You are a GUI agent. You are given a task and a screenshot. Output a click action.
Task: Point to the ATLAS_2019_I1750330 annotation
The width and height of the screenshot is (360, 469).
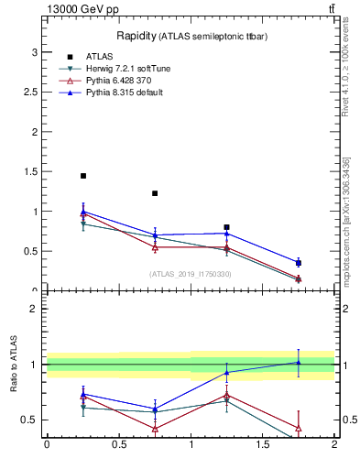(190, 274)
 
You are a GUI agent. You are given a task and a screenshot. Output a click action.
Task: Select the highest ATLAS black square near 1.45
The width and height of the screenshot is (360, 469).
(83, 176)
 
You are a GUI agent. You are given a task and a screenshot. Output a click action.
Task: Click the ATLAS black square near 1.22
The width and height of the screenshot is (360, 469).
(155, 193)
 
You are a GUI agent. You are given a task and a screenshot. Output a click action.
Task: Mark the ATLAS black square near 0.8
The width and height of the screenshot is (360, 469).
(226, 227)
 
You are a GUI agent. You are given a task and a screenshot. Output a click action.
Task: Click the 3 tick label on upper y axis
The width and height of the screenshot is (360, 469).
(35, 53)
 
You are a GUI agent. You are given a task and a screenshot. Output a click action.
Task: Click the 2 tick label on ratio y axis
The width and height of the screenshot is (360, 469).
(35, 309)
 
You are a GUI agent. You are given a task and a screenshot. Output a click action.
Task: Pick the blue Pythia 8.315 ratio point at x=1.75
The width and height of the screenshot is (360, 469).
(299, 362)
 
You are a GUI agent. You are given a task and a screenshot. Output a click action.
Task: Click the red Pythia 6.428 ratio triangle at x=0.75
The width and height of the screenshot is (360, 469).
(155, 429)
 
